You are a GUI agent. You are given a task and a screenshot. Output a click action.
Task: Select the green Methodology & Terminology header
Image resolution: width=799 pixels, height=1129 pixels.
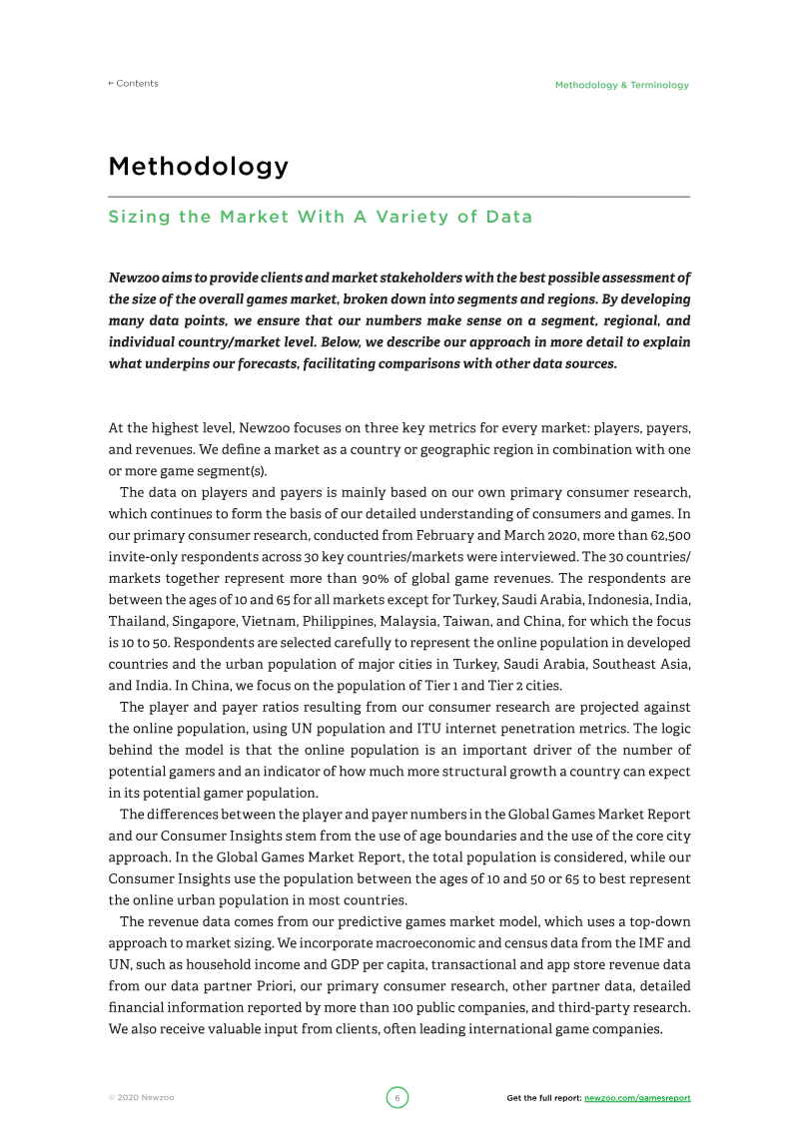point(621,85)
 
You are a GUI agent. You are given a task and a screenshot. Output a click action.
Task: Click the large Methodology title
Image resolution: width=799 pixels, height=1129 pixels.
point(198,166)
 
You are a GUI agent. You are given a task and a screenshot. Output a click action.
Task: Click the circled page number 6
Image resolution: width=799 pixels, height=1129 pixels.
point(397,1098)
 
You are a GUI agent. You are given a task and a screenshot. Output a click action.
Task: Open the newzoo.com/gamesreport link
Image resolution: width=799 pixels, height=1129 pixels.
point(636,1098)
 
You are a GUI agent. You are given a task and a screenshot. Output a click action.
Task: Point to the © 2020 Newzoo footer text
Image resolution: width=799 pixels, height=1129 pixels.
point(142,1098)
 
